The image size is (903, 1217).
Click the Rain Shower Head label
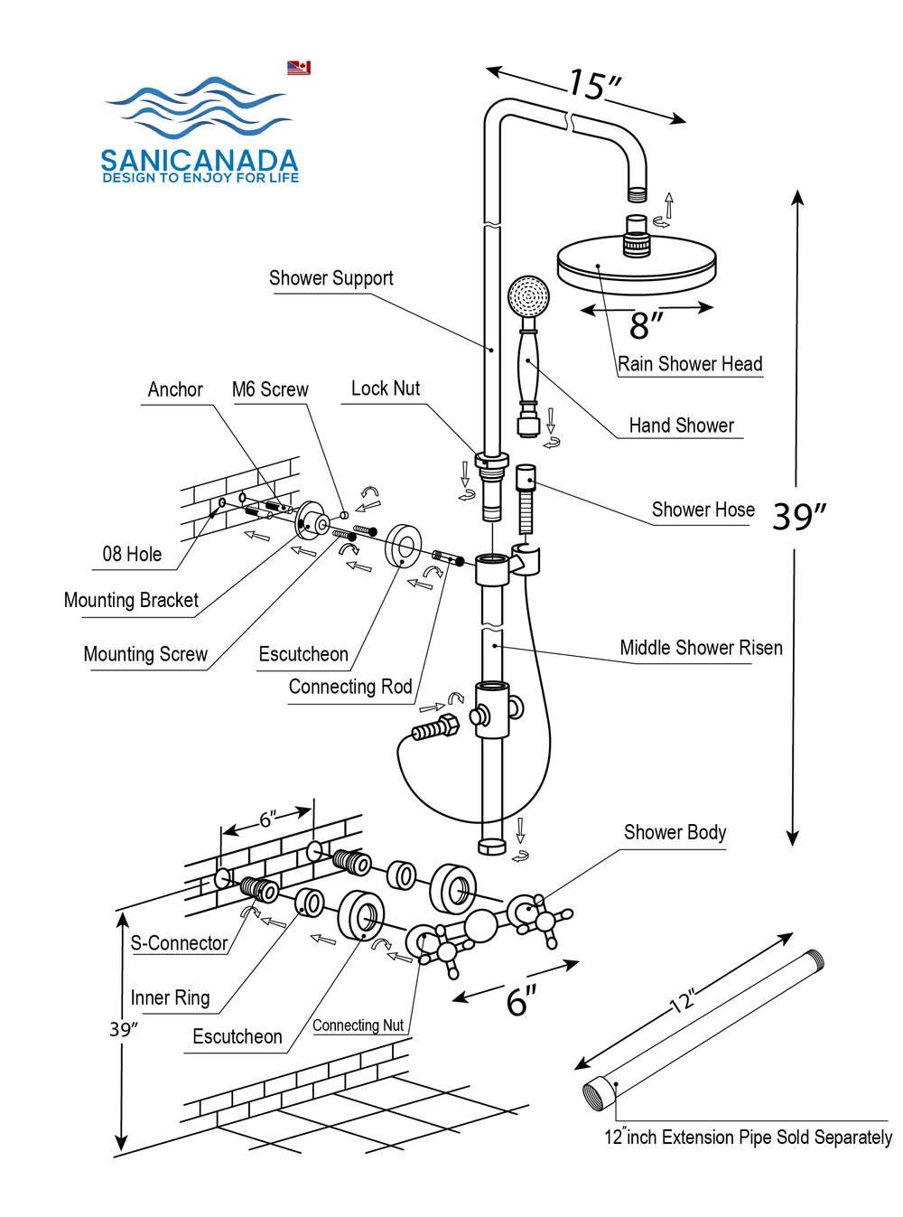coord(690,364)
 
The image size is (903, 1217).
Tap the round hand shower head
coord(528,296)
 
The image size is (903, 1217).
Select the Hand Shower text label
coord(681,426)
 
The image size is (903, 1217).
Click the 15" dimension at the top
coord(593,85)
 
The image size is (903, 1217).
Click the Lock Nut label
coord(386,389)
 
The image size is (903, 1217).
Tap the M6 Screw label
coord(270,389)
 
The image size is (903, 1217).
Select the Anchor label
coord(175,389)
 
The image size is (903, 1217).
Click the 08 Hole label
coord(132,555)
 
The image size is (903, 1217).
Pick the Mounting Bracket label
coord(131,601)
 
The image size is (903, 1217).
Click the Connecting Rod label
coord(350,688)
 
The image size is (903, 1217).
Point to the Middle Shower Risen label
coord(701,648)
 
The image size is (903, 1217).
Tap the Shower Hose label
coord(703,510)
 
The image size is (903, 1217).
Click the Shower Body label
coord(675,832)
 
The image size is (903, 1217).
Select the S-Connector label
coord(179,943)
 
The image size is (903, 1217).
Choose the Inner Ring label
coord(170,998)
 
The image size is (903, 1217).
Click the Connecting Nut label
coord(358,1025)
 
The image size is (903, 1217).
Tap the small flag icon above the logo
coord(299,68)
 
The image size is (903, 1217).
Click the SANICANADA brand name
coord(199,161)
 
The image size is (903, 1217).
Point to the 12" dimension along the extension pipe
coord(684,1001)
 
